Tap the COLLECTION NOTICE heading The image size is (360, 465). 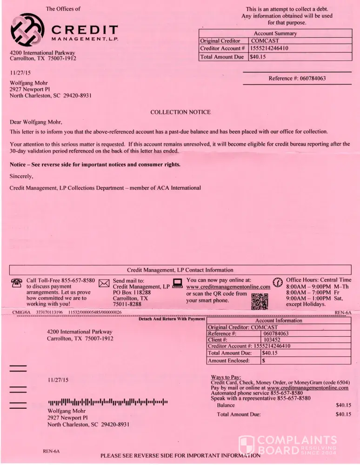coord(180,112)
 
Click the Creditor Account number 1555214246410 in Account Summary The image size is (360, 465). coord(275,48)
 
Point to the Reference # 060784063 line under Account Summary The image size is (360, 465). coord(297,78)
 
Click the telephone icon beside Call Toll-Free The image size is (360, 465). coord(16,282)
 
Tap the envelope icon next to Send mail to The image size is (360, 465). coord(104,283)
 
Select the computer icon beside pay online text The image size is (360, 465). coord(177,282)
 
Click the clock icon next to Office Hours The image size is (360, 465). coord(278,282)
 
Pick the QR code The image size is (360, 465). coord(260,301)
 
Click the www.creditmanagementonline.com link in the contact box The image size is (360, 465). coord(228,287)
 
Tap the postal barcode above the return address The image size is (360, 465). coord(107,401)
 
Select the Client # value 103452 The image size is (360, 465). coord(272,340)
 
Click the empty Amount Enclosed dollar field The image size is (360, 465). coord(305,360)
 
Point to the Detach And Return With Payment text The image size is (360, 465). coord(172,319)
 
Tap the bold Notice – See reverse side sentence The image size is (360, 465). coord(95,165)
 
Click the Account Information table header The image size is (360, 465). coord(279,321)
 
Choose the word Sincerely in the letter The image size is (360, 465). coord(21,176)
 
